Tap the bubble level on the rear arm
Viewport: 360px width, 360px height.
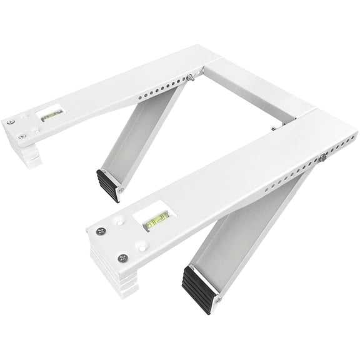tap(48, 114)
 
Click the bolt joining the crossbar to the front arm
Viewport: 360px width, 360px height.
tap(273, 129)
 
